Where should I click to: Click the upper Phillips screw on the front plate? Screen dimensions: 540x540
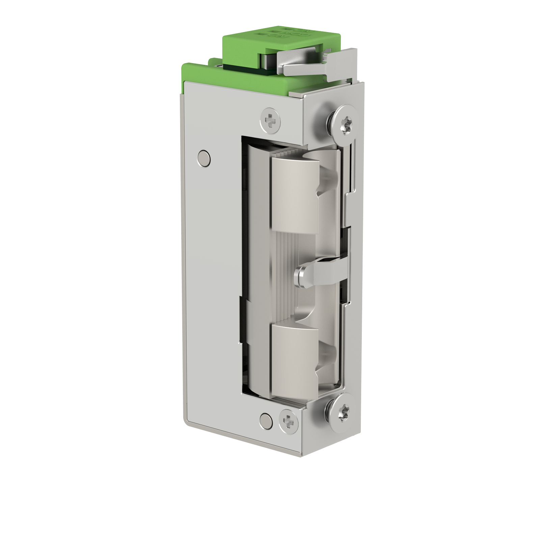coord(271,119)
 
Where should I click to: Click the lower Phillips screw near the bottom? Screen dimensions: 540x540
coord(289,421)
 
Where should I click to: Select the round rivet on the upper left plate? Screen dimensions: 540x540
coord(204,157)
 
